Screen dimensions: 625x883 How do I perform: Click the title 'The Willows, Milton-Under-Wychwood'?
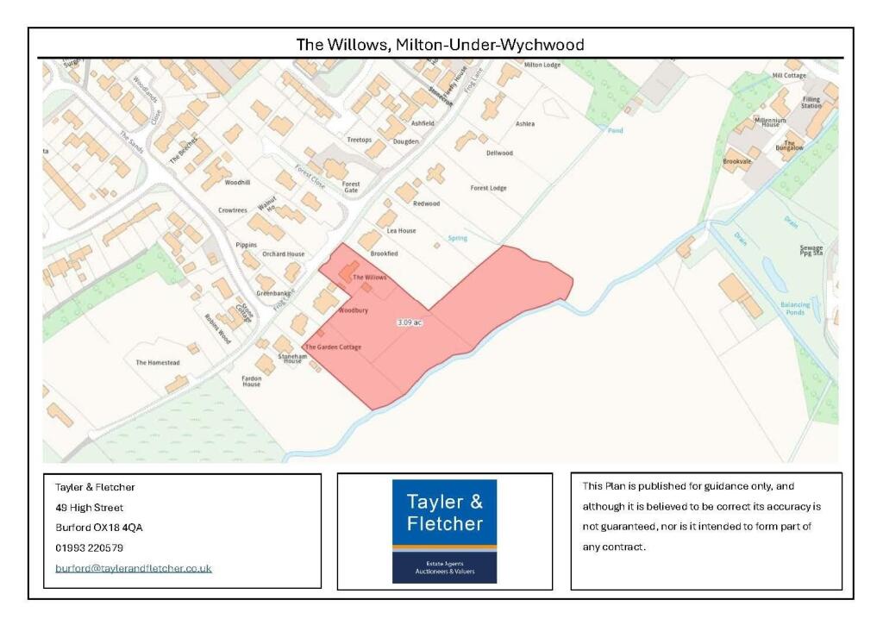(x=440, y=44)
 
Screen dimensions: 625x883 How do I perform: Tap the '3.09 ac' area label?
(x=409, y=322)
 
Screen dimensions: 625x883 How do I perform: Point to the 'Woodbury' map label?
(x=354, y=309)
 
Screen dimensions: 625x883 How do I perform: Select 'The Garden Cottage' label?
(x=333, y=347)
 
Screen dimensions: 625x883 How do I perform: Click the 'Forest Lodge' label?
(x=488, y=188)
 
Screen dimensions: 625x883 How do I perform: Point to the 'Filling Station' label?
(x=811, y=103)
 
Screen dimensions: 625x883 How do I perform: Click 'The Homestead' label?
(x=158, y=363)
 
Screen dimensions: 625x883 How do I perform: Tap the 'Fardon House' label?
(x=251, y=380)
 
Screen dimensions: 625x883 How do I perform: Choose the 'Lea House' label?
(x=401, y=231)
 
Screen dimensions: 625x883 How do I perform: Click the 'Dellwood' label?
(x=499, y=153)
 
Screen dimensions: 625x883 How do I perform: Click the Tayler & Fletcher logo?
(x=444, y=530)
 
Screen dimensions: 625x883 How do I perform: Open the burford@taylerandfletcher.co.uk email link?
(x=134, y=568)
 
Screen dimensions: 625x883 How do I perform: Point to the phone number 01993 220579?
(x=89, y=547)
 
